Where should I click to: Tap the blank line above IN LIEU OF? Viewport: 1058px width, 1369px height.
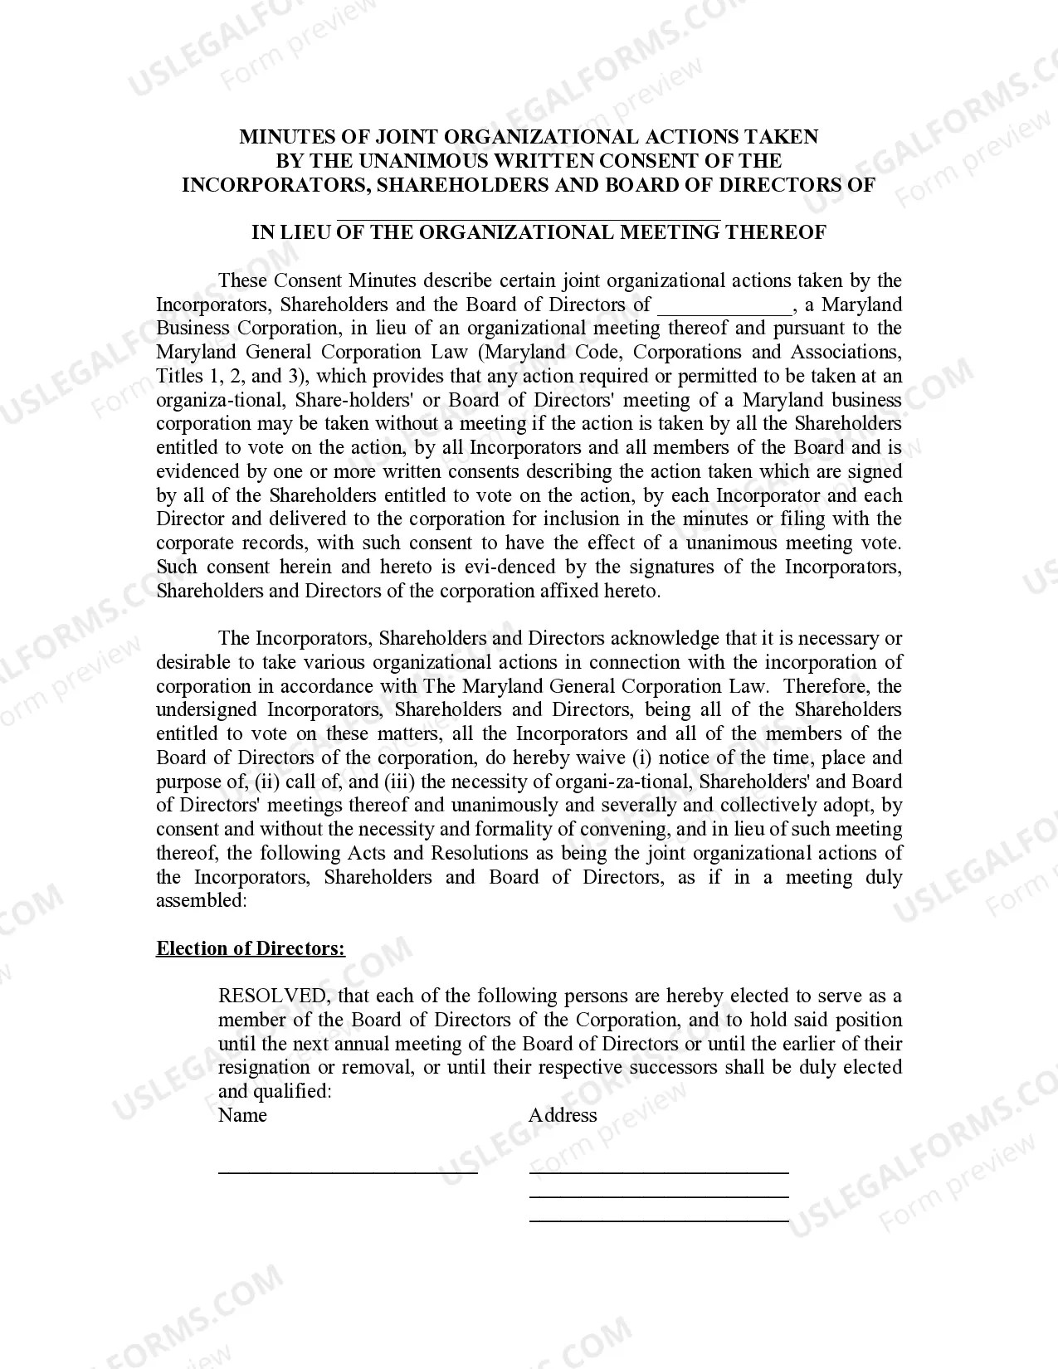pos(529,220)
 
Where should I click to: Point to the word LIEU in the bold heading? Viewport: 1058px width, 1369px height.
pos(308,232)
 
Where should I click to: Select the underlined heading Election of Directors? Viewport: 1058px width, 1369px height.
pos(251,948)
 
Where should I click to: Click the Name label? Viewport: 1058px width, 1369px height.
pos(242,1115)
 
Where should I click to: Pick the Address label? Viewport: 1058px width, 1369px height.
pos(563,1115)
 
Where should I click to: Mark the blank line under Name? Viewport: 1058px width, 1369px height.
pos(348,1172)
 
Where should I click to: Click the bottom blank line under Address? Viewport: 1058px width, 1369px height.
pos(659,1220)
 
